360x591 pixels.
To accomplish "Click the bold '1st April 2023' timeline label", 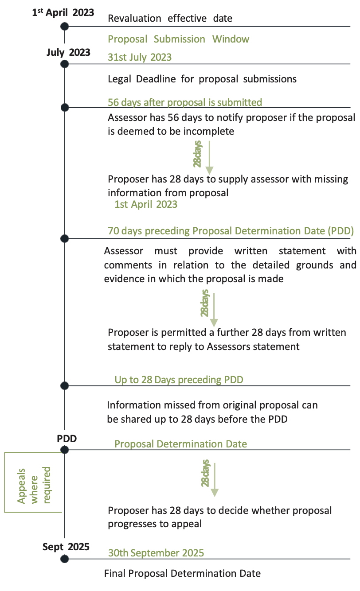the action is coord(63,12).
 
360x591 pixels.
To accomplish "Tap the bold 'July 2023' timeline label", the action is coord(68,52).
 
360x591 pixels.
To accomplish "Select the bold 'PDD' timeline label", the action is coord(67,439).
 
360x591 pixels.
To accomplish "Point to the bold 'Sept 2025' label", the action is coord(66,547).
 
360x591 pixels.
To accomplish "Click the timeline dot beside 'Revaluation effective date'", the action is coord(65,27).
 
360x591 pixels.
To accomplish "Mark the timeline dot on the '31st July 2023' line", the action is coord(65,64).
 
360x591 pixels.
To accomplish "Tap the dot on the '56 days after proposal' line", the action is coord(65,107).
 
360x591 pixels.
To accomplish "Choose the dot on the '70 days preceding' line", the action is coord(65,238).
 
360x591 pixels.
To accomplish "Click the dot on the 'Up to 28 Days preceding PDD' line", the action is coord(65,386).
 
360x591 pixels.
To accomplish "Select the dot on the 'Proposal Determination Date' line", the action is coord(65,450).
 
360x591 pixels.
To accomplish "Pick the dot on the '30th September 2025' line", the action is coord(65,559).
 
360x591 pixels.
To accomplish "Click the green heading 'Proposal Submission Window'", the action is coord(179,39).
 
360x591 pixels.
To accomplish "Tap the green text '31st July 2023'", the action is coord(140,57).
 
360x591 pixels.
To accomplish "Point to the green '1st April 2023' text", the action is coord(146,204).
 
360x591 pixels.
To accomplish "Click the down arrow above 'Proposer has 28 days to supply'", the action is coord(209,158).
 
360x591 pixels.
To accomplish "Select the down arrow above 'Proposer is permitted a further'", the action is coord(214,310).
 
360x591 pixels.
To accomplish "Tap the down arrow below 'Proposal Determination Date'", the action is coord(215,480).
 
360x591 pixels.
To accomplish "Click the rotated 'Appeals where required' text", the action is coord(34,486).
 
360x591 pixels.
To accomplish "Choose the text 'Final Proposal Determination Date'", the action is coord(183,573).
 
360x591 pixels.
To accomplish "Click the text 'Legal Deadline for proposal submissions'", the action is coord(202,79).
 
